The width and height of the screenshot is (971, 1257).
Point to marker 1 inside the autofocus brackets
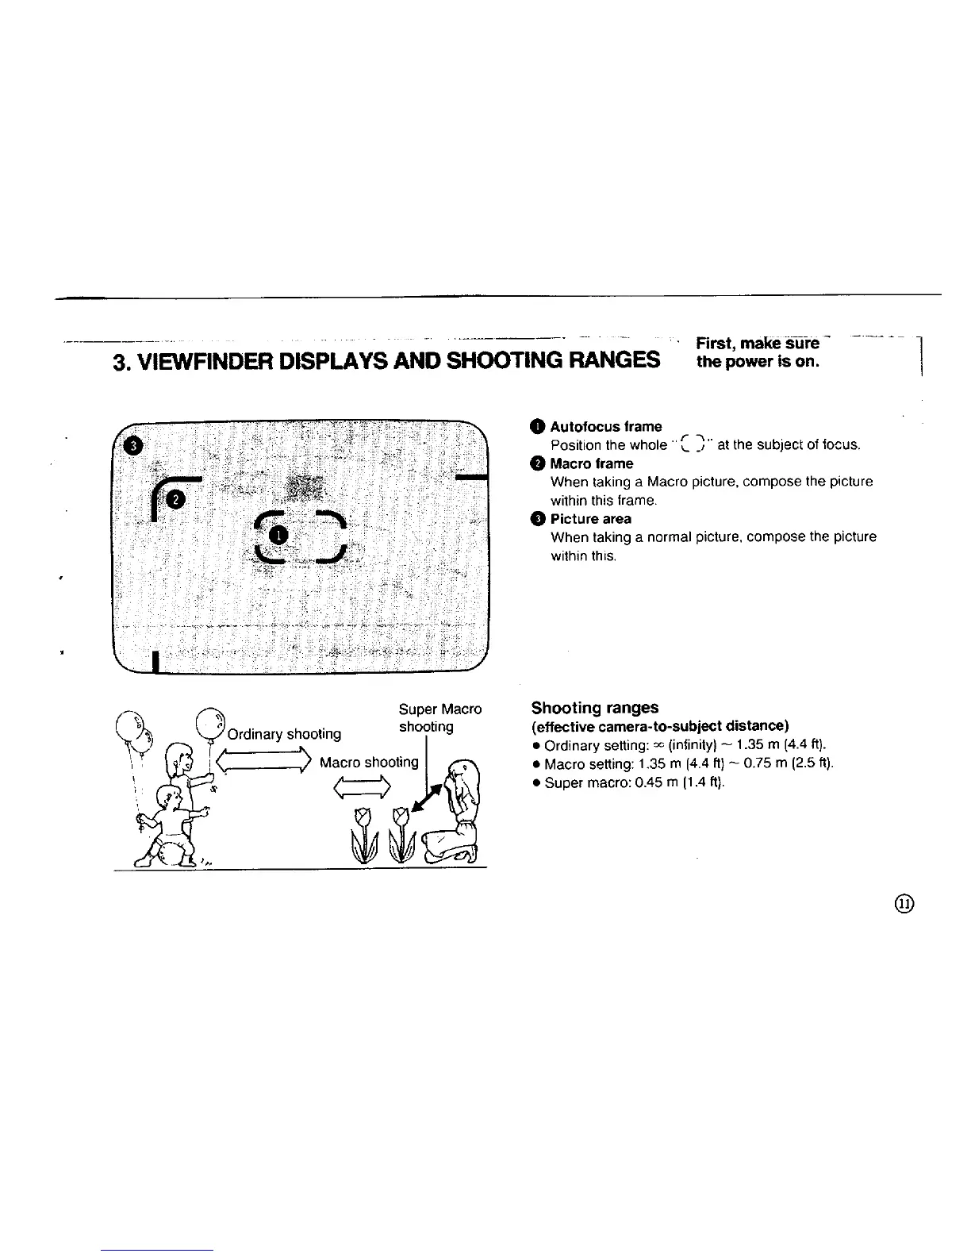276,535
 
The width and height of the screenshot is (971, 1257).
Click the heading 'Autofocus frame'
605,426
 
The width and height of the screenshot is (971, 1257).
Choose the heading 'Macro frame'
591,463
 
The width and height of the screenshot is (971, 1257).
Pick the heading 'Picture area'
590,519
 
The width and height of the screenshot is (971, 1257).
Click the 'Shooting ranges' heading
594,707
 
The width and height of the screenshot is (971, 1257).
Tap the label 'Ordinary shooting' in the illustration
284,734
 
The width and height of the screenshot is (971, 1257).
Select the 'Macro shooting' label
369,762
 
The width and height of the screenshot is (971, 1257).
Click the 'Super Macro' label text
439,709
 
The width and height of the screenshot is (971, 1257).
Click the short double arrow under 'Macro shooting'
363,786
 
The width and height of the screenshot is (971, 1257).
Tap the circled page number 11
905,904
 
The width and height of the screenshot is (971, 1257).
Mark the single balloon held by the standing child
209,722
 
